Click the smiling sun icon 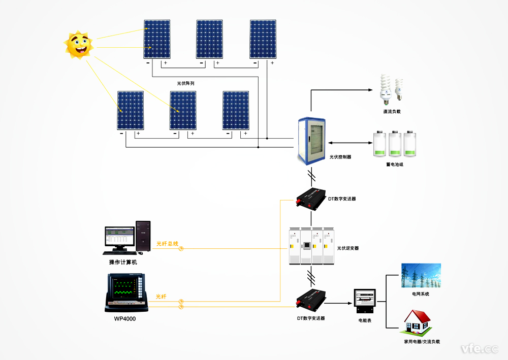click(x=79, y=45)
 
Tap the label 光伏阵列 click(x=186, y=82)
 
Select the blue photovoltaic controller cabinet click(x=311, y=141)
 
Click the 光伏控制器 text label click(x=340, y=157)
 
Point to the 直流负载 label click(x=392, y=111)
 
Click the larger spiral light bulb click(x=386, y=87)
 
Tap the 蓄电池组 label click(x=395, y=165)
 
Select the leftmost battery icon click(x=380, y=144)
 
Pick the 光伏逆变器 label click(x=348, y=248)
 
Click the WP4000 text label click(x=124, y=319)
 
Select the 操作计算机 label click(x=123, y=262)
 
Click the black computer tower click(x=143, y=236)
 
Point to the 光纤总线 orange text click(x=167, y=244)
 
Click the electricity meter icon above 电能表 click(x=365, y=300)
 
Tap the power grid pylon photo click(x=421, y=276)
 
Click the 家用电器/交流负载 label click(x=422, y=342)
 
